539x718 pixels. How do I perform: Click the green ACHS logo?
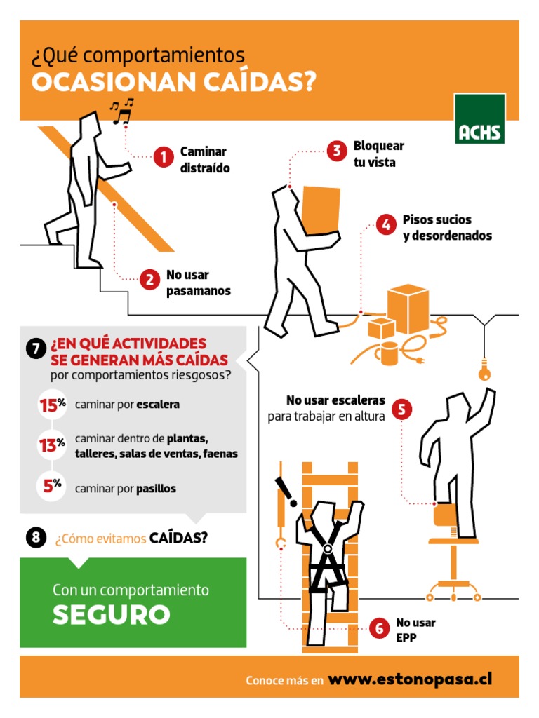point(480,118)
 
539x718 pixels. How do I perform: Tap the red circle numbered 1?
point(163,158)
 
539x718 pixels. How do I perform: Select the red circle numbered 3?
point(336,151)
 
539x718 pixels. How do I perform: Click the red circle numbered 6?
point(380,628)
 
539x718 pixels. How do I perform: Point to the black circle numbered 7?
point(36,349)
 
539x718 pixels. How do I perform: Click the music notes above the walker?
point(121,111)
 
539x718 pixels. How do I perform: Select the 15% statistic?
point(52,405)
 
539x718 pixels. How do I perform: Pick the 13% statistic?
point(52,444)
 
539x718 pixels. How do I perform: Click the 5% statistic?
point(52,485)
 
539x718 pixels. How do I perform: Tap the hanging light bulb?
point(484,370)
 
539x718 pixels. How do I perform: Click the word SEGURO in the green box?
point(112,614)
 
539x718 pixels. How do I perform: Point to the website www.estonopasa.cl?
point(410,679)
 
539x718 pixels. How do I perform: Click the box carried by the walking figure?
point(321,210)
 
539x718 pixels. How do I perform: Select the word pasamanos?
point(199,291)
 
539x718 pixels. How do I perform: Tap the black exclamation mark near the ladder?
point(286,492)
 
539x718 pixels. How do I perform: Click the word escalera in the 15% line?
point(158,405)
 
